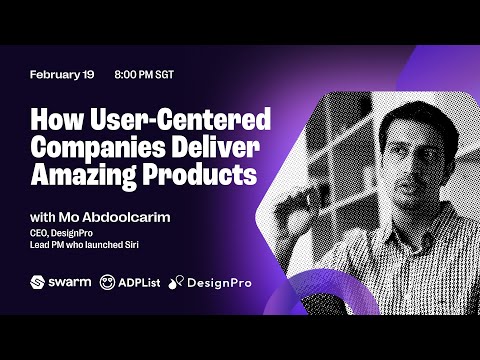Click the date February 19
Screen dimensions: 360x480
coord(63,76)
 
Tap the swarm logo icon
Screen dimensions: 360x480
coord(39,283)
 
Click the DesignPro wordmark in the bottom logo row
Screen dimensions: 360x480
coord(216,283)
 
